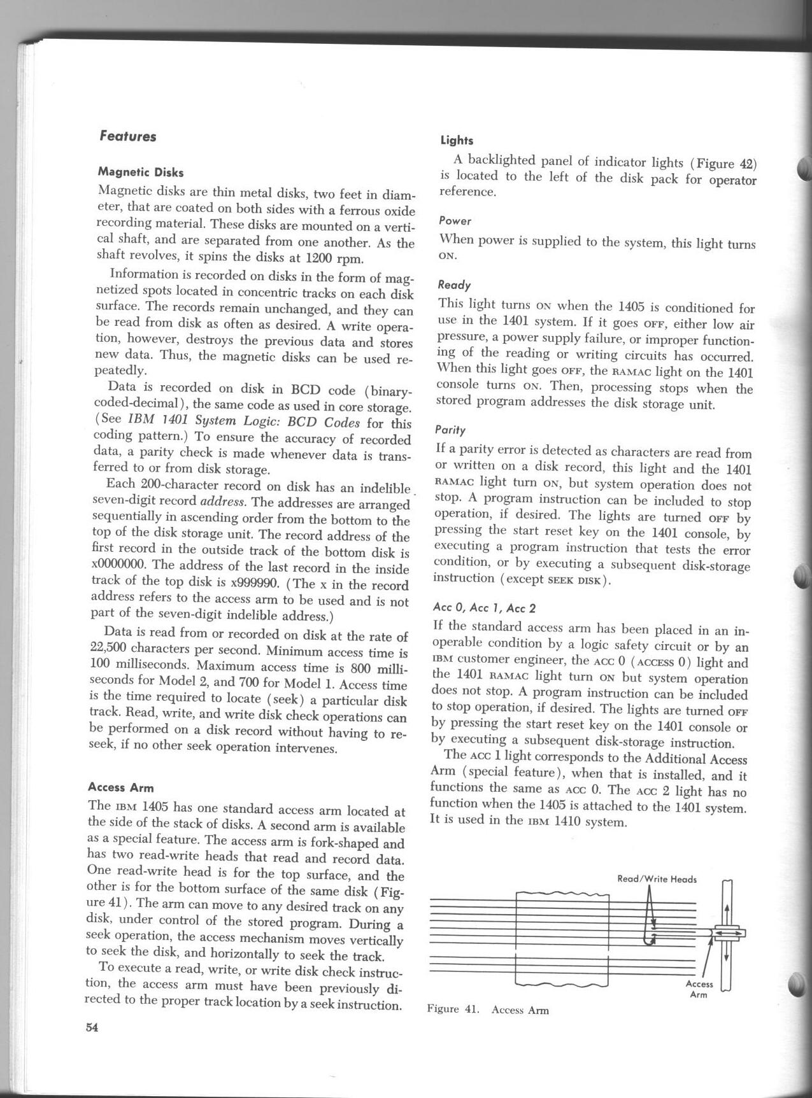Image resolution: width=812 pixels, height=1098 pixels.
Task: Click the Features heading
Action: coord(128,136)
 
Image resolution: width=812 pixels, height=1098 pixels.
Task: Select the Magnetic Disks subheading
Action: coord(141,172)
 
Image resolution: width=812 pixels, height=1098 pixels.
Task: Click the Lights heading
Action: coord(457,140)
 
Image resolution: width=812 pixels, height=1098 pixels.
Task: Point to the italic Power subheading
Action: coord(455,221)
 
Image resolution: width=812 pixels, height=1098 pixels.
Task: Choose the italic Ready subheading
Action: coord(455,285)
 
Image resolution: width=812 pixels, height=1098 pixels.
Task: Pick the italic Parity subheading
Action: coord(451,430)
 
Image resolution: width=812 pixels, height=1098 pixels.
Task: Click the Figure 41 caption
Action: coord(488,1010)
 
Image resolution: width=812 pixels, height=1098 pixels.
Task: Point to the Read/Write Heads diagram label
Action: coord(657,879)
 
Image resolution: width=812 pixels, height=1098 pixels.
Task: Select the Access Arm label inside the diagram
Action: coord(699,989)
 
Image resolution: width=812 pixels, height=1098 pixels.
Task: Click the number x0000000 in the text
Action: coord(122,565)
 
